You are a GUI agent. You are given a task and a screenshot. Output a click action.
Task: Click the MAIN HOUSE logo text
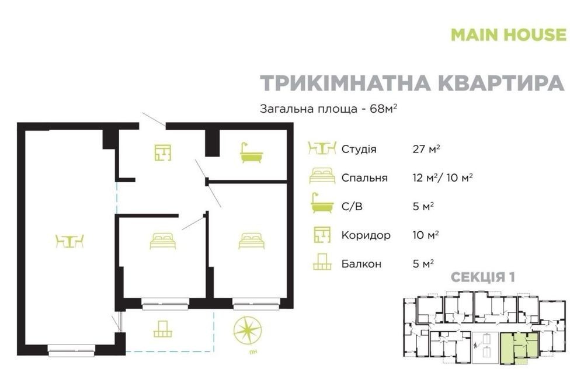pyautogui.click(x=509, y=34)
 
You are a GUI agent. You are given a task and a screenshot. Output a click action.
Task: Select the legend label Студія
pyautogui.click(x=359, y=149)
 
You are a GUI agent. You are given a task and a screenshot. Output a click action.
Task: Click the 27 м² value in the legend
pyautogui.click(x=426, y=149)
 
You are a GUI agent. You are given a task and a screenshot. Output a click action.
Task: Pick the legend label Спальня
pyautogui.click(x=364, y=178)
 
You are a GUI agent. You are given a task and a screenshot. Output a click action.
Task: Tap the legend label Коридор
pyautogui.click(x=366, y=235)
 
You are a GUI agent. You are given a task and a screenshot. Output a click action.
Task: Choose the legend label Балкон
pyautogui.click(x=361, y=264)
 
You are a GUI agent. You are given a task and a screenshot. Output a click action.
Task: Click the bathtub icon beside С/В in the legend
pyautogui.click(x=322, y=203)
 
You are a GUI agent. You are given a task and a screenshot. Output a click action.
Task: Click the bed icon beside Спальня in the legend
pyautogui.click(x=322, y=176)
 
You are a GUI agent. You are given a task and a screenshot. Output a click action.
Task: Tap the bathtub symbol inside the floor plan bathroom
pyautogui.click(x=251, y=152)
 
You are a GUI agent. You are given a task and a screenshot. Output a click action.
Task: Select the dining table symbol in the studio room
pyautogui.click(x=69, y=241)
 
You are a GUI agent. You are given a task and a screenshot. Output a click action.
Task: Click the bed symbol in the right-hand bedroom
pyautogui.click(x=252, y=241)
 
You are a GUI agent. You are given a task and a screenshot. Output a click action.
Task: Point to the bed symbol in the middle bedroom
pyautogui.click(x=163, y=241)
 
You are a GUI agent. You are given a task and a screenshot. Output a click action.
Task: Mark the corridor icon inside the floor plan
pyautogui.click(x=163, y=152)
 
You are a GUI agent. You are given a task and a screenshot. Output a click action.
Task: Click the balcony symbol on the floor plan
pyautogui.click(x=163, y=329)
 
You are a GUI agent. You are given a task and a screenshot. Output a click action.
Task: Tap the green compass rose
pyautogui.click(x=247, y=331)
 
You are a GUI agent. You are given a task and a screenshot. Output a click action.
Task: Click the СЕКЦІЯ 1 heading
pyautogui.click(x=483, y=277)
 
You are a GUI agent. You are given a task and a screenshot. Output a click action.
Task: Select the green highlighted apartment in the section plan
pyautogui.click(x=519, y=347)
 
